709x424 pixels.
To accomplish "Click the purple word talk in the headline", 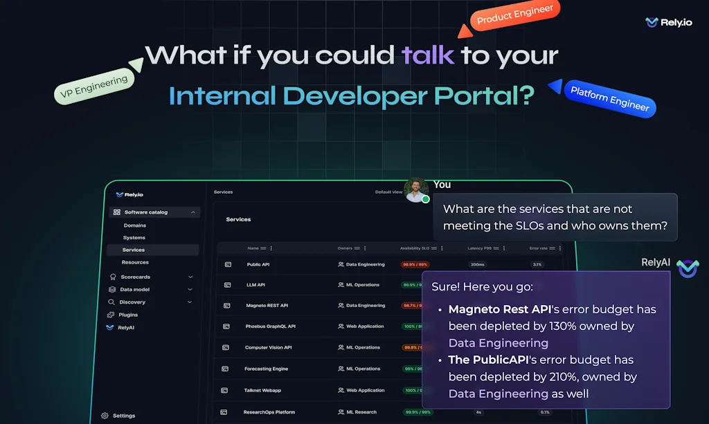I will pyautogui.click(x=428, y=55).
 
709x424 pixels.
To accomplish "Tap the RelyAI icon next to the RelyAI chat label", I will pyautogui.click(x=688, y=268).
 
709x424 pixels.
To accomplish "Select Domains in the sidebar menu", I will pyautogui.click(x=135, y=225).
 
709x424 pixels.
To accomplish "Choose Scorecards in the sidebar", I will pyautogui.click(x=135, y=277).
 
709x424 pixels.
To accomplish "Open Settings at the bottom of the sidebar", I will pyautogui.click(x=123, y=416).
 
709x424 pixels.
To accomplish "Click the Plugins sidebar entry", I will pyautogui.click(x=128, y=315).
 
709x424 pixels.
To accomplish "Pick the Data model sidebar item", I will pyautogui.click(x=134, y=289).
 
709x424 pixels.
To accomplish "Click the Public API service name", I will pyautogui.click(x=258, y=264).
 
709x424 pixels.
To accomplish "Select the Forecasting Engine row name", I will pyautogui.click(x=266, y=369).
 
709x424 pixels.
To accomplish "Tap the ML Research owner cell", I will pyautogui.click(x=361, y=412).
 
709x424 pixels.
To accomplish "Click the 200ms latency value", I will pyautogui.click(x=477, y=264).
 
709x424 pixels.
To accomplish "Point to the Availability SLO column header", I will pyautogui.click(x=419, y=248).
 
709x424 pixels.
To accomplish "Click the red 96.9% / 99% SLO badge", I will pyautogui.click(x=415, y=264).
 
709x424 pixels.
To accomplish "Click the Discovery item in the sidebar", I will pyautogui.click(x=132, y=302).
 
